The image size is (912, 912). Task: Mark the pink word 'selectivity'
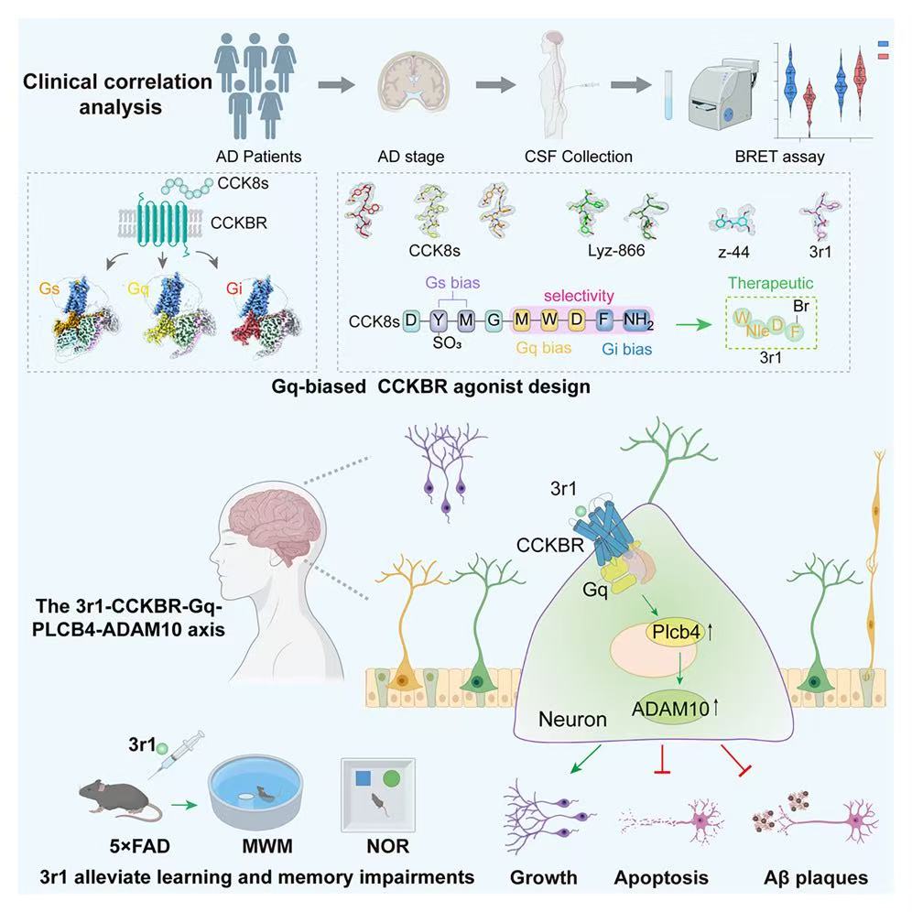point(578,296)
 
